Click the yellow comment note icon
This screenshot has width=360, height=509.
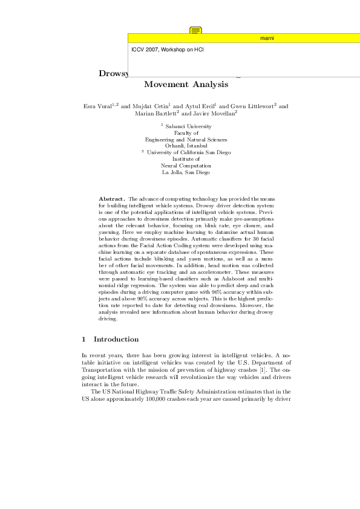point(195,30)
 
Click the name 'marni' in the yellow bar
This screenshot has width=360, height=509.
point(267,38)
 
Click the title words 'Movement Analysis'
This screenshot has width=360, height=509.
point(186,85)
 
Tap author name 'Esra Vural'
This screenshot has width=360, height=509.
point(97,106)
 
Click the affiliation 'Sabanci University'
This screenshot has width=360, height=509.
point(188,126)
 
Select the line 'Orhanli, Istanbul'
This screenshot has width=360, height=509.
point(186,146)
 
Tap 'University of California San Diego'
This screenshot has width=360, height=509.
point(189,152)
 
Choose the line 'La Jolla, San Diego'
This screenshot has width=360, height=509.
point(186,172)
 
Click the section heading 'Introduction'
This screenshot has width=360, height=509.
point(116,339)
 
